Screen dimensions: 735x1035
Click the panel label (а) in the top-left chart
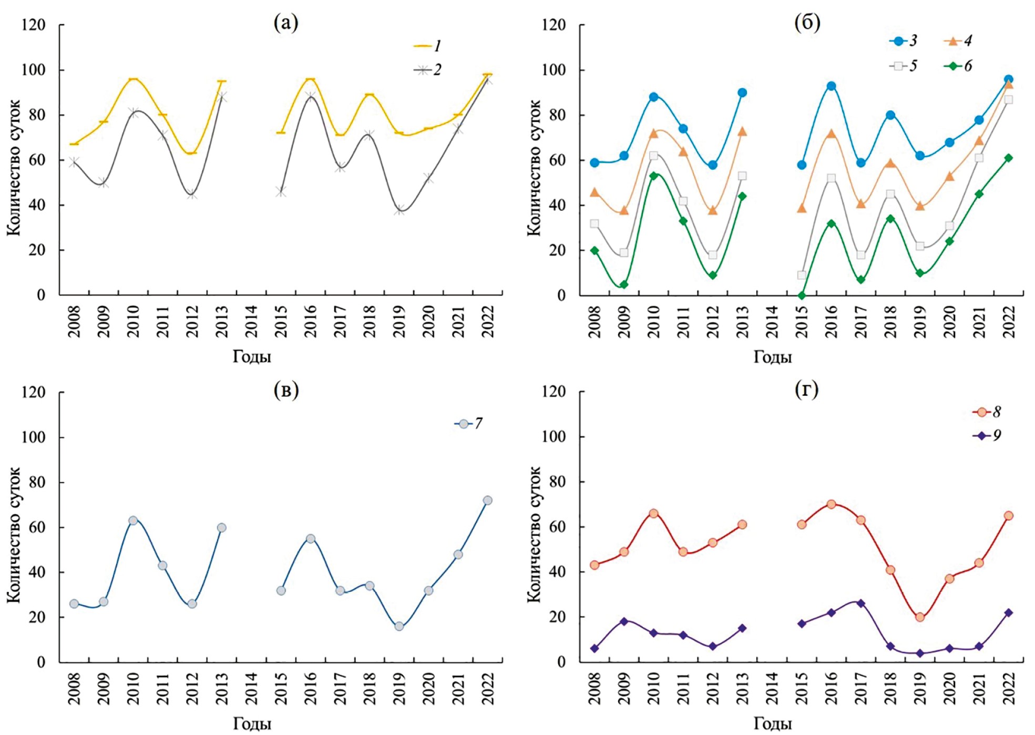(286, 23)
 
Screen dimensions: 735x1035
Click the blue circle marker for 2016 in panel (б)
(831, 86)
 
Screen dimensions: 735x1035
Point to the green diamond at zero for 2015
(802, 295)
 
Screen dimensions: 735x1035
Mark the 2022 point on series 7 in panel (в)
(487, 501)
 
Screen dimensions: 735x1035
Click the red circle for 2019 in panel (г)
(920, 617)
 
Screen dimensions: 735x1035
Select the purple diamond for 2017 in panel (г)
(860, 603)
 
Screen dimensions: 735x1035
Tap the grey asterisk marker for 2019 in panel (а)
(399, 210)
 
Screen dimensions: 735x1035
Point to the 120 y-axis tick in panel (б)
(553, 25)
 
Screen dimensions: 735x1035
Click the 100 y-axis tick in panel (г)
(553, 436)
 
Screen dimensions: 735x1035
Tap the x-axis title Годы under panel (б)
(772, 357)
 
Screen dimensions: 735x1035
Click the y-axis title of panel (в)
(14, 535)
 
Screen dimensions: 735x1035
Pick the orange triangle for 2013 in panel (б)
(742, 131)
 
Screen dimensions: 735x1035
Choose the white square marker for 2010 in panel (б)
(653, 156)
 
